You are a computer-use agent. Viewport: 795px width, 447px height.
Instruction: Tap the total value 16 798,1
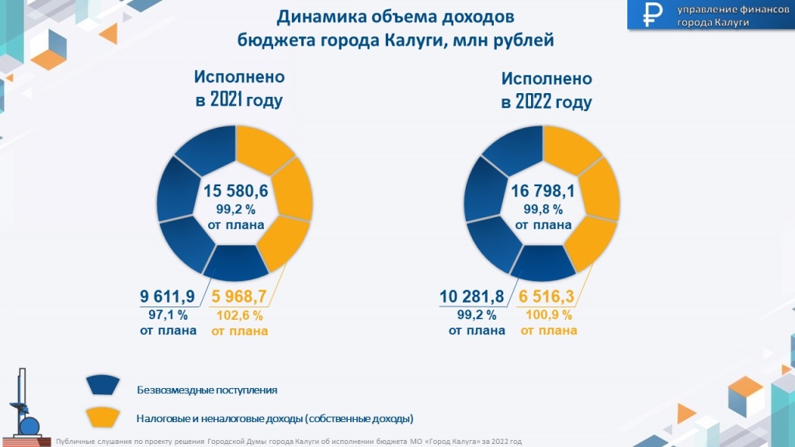pyautogui.click(x=542, y=191)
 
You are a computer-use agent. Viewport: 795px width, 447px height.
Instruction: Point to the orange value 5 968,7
pyautogui.click(x=239, y=296)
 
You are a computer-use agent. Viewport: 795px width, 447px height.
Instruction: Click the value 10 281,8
pyautogui.click(x=472, y=296)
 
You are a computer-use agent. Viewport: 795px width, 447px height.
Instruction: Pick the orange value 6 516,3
pyautogui.click(x=547, y=296)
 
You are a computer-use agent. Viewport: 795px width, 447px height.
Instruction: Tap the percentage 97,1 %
pyautogui.click(x=168, y=314)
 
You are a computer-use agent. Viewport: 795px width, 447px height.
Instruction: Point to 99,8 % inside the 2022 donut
pyautogui.click(x=543, y=209)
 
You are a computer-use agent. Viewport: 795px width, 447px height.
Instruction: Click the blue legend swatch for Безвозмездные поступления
pyautogui.click(x=104, y=385)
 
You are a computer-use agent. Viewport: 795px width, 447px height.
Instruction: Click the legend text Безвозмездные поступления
pyautogui.click(x=207, y=390)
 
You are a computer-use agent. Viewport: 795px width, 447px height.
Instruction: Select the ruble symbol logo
pyautogui.click(x=650, y=15)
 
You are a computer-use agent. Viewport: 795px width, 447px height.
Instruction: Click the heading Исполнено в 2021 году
pyautogui.click(x=239, y=89)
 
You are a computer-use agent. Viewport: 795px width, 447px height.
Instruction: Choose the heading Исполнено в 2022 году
pyautogui.click(x=547, y=90)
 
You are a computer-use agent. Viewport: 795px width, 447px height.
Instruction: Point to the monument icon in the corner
pyautogui.click(x=24, y=407)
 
